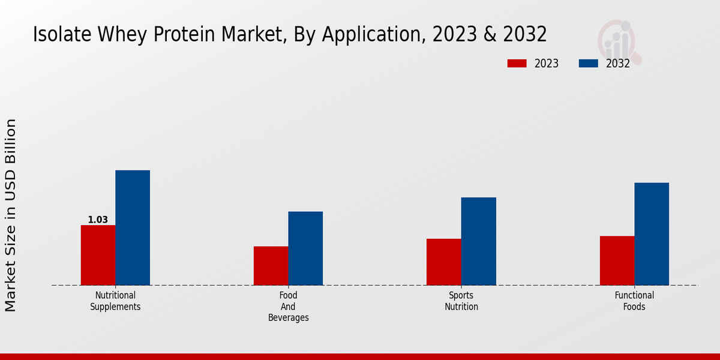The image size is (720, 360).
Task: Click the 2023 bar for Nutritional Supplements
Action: [x=98, y=255]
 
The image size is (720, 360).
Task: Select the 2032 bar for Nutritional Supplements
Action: [x=133, y=228]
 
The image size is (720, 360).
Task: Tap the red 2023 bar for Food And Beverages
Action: [x=271, y=266]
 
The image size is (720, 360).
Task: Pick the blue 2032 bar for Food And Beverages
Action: [x=305, y=248]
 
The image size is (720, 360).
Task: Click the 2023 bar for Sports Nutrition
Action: [x=444, y=262]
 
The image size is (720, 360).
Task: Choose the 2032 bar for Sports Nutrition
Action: [x=479, y=241]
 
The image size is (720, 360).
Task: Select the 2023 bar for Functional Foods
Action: [x=617, y=260]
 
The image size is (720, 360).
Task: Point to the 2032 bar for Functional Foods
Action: [x=652, y=234]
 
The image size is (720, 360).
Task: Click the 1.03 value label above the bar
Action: [x=98, y=220]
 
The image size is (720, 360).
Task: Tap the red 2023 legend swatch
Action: [x=517, y=64]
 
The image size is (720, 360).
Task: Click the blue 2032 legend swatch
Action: [x=588, y=64]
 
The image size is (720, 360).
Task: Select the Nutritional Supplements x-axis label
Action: [x=115, y=301]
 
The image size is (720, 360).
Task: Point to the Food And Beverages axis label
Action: [x=288, y=307]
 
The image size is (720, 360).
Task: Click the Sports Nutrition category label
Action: [x=461, y=301]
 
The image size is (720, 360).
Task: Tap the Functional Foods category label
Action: [x=634, y=301]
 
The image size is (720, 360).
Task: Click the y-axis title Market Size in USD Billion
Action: [x=11, y=215]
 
